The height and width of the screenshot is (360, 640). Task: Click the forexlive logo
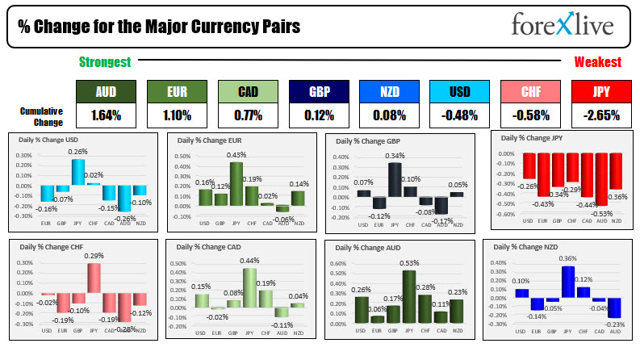(562, 26)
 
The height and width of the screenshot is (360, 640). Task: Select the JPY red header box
(600, 91)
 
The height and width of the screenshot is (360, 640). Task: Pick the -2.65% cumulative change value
(600, 115)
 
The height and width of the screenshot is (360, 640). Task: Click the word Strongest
(105, 62)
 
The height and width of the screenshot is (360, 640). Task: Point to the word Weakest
(597, 62)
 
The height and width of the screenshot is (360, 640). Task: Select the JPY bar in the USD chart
(77, 172)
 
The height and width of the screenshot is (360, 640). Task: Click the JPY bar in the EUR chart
(236, 184)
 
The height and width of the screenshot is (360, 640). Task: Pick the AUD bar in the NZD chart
(614, 308)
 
